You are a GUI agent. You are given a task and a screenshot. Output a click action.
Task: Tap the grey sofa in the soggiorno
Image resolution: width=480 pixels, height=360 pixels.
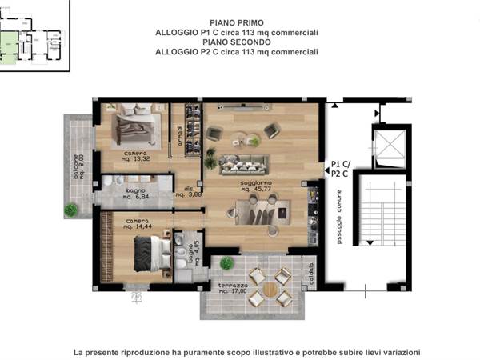coord(246,162)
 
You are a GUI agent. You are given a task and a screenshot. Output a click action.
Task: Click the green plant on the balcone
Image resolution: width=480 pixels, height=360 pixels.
coord(71,210)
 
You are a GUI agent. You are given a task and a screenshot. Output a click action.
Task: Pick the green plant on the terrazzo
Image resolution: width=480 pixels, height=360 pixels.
coord(227,262)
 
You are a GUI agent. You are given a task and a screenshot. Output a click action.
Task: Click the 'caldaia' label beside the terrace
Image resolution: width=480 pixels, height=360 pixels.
coord(312,275)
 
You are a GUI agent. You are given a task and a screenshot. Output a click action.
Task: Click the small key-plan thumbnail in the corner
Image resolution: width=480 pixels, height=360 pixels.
coord(34,35)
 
